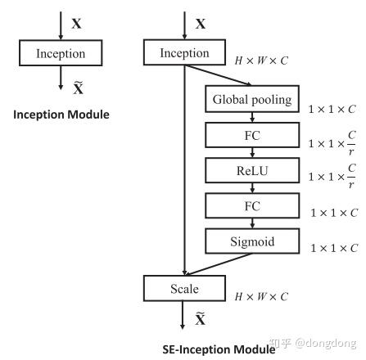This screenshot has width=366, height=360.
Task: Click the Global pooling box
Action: (x=251, y=100)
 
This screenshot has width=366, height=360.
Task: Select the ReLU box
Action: (x=251, y=171)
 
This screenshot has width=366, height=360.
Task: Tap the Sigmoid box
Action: (x=251, y=241)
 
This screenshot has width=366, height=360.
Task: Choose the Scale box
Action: (x=184, y=289)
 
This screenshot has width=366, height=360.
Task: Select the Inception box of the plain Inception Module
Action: (x=61, y=54)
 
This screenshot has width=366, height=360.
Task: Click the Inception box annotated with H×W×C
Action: (x=184, y=53)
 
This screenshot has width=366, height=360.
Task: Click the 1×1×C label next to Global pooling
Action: (x=332, y=107)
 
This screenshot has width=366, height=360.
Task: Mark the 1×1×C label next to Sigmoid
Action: (x=332, y=247)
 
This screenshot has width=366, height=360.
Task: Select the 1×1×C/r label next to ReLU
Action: (x=332, y=177)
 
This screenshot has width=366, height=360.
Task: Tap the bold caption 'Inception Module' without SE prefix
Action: (x=61, y=114)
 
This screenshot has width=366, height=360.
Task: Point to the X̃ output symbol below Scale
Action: (x=201, y=318)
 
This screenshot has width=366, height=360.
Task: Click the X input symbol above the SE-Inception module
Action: (x=201, y=24)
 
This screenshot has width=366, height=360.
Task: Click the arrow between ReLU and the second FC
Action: (x=251, y=187)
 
